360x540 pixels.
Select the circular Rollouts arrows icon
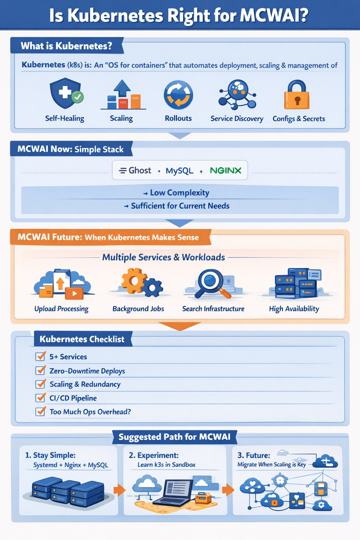[178, 95]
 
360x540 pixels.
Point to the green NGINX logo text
[226, 171]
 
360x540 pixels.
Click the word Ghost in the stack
[140, 171]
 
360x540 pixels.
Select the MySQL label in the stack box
[179, 171]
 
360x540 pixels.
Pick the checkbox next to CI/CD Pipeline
[40, 398]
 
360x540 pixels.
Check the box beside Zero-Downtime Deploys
[40, 371]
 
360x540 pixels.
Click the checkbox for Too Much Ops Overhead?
[40, 411]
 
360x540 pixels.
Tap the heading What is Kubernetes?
[66, 46]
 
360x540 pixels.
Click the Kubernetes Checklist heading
[82, 339]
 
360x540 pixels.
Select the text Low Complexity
[179, 193]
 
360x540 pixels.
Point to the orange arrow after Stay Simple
[120, 490]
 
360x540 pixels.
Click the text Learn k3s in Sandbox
[166, 465]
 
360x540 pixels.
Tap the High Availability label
[294, 309]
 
